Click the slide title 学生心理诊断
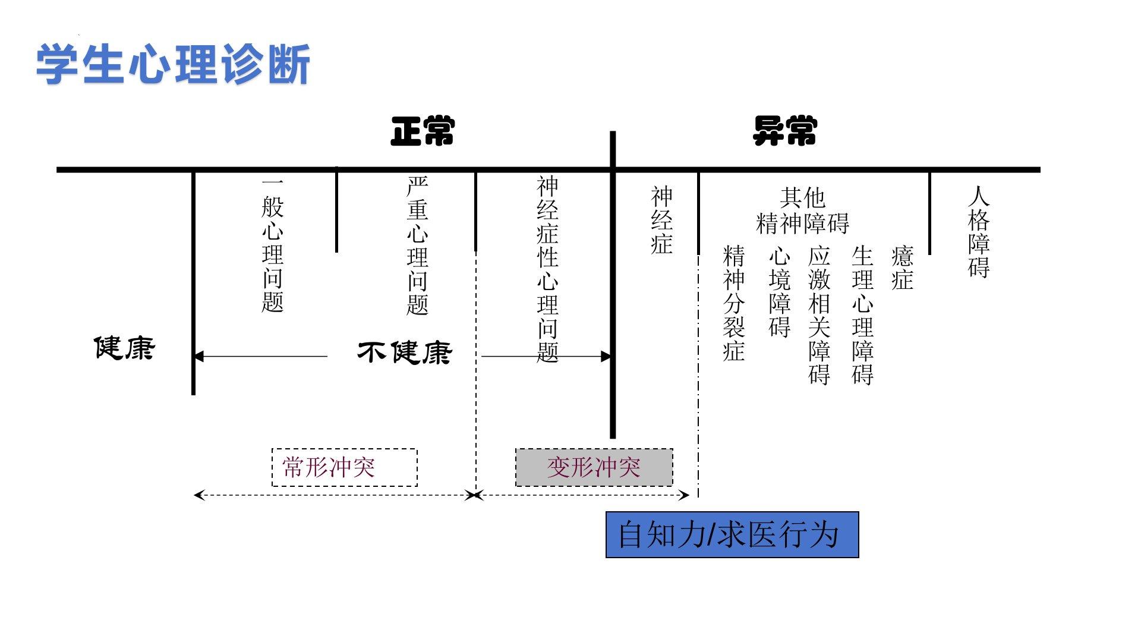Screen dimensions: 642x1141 (x=173, y=64)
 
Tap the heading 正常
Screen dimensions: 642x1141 (x=423, y=131)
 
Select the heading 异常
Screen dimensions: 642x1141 (x=784, y=131)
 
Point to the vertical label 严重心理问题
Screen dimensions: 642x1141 (x=417, y=245)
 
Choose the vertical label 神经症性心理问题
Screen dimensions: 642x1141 (x=547, y=269)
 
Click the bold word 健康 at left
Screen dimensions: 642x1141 (x=124, y=348)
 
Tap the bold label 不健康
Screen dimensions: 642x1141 (x=404, y=353)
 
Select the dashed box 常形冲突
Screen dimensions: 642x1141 (x=344, y=467)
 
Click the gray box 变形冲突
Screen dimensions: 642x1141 (x=594, y=467)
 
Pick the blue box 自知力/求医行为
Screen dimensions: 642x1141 (x=732, y=534)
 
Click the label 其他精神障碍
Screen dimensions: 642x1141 (x=802, y=210)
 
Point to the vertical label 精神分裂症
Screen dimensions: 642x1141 (x=734, y=303)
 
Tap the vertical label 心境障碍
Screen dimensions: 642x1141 (x=780, y=291)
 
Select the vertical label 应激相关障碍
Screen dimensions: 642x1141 (x=819, y=315)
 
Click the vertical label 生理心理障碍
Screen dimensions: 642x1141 (x=862, y=315)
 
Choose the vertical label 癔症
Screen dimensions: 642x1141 (x=902, y=267)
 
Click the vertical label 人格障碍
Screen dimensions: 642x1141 (x=979, y=232)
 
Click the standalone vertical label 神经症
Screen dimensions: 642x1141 (x=661, y=220)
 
